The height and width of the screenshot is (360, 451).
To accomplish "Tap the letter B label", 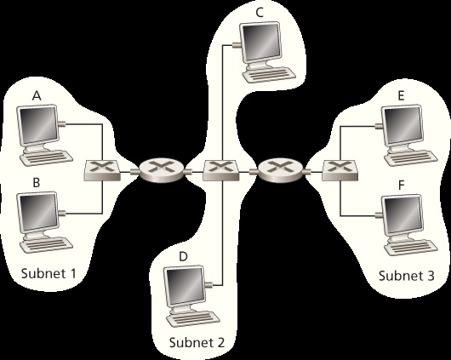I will [x=37, y=182].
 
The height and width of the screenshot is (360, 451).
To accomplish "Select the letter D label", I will [x=182, y=255].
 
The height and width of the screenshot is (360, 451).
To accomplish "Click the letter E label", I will [x=400, y=97].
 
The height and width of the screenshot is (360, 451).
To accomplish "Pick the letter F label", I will [x=400, y=184].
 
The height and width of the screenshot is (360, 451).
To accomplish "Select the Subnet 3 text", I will [x=406, y=276].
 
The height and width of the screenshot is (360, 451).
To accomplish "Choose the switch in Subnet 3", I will [x=339, y=170].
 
